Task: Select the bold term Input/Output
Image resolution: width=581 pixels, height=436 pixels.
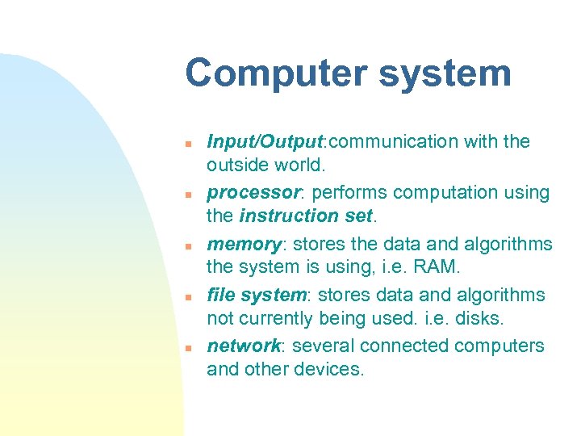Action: click(x=265, y=142)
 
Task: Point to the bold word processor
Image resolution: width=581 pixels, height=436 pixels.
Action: click(x=253, y=193)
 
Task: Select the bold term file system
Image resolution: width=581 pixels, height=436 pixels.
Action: click(x=252, y=295)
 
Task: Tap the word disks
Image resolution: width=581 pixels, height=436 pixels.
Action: click(x=481, y=318)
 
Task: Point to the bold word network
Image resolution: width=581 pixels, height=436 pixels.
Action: click(x=243, y=346)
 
